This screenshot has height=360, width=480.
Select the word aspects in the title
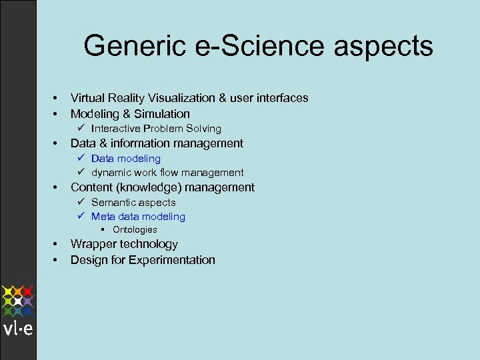pyautogui.click(x=386, y=47)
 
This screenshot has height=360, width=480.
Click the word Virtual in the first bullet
pyautogui.click(x=88, y=98)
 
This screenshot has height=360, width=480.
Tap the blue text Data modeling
pyautogui.click(x=126, y=159)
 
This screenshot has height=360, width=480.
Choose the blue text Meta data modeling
pyautogui.click(x=138, y=217)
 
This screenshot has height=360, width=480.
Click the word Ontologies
pyautogui.click(x=135, y=230)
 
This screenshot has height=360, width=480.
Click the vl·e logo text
pyautogui.click(x=18, y=329)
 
